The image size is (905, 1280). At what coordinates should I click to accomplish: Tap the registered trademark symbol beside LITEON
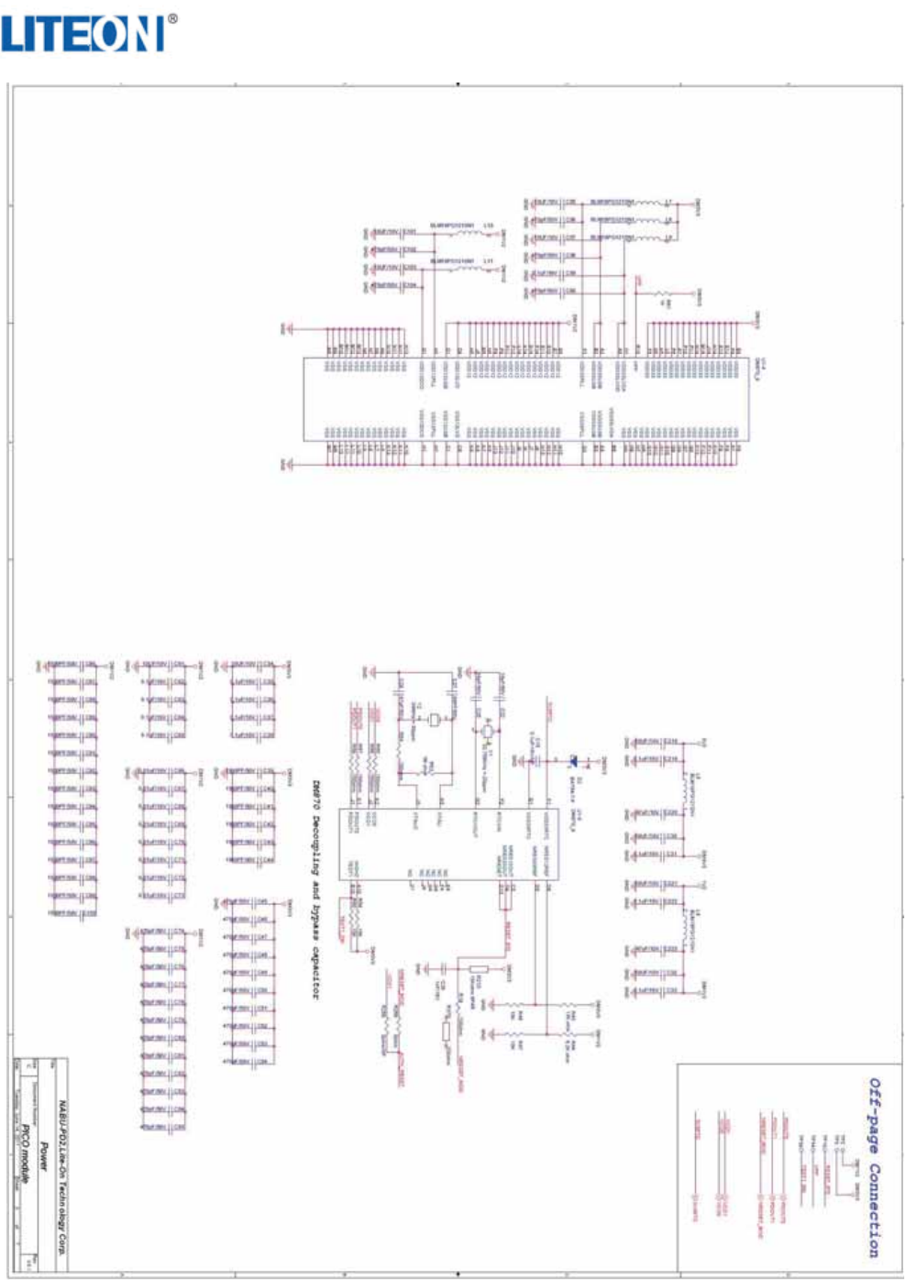pos(172,18)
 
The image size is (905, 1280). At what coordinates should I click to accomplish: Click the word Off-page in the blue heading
pos(874,1109)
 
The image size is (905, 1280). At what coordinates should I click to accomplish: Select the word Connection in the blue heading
pos(874,1210)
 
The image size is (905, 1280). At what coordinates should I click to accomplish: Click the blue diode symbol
pos(574,759)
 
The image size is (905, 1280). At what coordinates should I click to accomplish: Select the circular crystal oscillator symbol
pos(487,731)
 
